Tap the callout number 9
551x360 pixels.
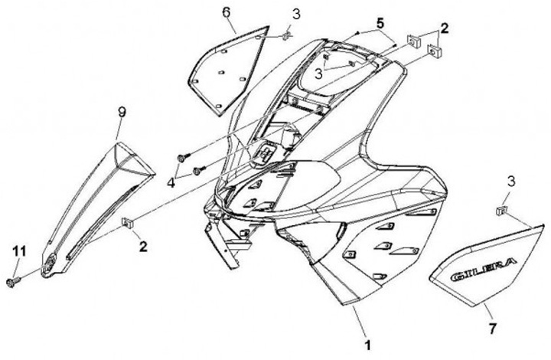tap(121, 112)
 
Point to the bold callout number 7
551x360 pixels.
tap(493, 329)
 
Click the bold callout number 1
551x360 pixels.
tap(368, 345)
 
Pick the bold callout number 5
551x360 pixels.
tap(380, 22)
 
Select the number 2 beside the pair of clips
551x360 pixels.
tap(444, 28)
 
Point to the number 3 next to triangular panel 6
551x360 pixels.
tap(295, 14)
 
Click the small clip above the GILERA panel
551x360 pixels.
tap(500, 208)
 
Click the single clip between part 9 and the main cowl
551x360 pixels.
tap(127, 223)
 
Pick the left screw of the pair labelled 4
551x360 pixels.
tap(181, 158)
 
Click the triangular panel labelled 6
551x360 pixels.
tap(222, 67)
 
